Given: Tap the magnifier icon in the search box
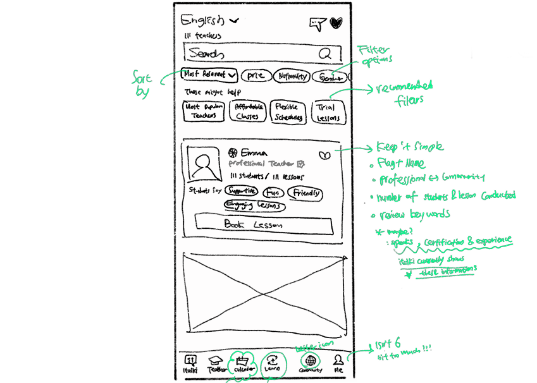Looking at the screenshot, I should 326,54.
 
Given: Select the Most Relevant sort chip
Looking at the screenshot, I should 209,75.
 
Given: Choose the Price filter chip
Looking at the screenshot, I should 256,76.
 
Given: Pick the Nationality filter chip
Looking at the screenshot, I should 292,76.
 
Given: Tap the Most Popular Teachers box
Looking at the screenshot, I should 204,112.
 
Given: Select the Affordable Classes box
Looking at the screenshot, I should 247,112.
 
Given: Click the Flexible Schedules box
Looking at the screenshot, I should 288,112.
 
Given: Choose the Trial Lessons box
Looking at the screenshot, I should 327,112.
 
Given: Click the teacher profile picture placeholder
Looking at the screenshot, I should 204,164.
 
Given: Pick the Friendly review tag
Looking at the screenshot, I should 305,193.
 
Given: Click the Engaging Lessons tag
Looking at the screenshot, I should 254,205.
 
